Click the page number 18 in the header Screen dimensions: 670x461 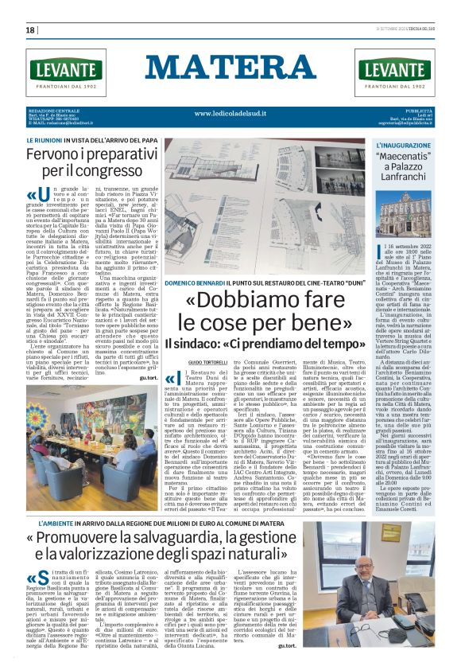coord(30,30)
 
